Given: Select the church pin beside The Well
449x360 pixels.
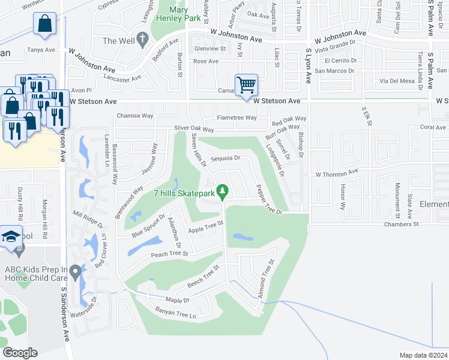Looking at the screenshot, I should pos(142,40).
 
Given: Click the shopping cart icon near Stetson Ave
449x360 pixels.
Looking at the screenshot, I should pos(246,85).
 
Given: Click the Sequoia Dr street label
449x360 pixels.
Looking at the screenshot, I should pos(229,158).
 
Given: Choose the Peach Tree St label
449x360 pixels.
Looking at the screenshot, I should pos(170,254).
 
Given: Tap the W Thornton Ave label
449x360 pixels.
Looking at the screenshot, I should pos(337,173).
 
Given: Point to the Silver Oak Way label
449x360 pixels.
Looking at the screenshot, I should pos(194,129).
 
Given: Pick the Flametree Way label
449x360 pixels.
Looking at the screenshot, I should pos(237,118).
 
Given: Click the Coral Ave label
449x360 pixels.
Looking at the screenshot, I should pos(433,127).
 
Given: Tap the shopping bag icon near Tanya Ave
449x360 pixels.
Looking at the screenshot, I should pos(45,24).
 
